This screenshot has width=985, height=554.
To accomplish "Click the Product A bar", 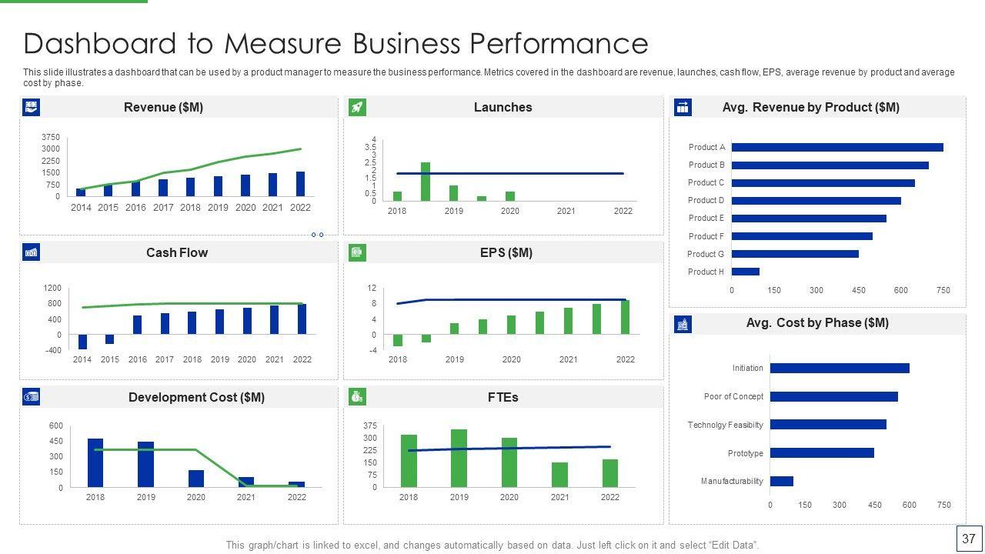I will pos(836,147).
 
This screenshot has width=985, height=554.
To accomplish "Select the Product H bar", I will pos(745,272).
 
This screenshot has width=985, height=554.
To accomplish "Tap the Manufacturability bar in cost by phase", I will pos(781,481).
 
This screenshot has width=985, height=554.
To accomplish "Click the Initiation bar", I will pos(839,368).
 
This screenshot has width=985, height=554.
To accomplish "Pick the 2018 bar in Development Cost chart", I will pos(95,462).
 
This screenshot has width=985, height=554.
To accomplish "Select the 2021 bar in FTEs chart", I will pos(559,475).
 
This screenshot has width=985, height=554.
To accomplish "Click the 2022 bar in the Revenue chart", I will pos(300,184).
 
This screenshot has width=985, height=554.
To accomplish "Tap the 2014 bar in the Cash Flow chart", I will pos(82,342).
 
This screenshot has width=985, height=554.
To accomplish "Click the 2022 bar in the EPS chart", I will pos(625,317).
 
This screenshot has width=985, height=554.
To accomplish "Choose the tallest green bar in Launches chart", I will pos(426,181).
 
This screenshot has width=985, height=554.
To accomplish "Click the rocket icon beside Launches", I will pos(357,107).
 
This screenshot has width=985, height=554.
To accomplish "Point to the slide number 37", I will pos(968,539).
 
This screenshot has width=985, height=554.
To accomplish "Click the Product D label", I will pos(706,200).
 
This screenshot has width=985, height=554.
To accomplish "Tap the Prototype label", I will pos(745,453).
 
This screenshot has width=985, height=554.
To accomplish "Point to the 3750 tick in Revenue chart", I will pos(51,137).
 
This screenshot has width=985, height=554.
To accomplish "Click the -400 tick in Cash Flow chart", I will pos(53,350).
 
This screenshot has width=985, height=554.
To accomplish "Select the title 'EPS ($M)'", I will pos(506,252).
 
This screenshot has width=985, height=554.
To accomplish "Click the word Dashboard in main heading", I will pos(97,43).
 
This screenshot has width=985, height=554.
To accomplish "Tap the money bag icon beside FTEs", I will pos(357,397).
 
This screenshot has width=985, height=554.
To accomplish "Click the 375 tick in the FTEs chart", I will pos(369,426).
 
